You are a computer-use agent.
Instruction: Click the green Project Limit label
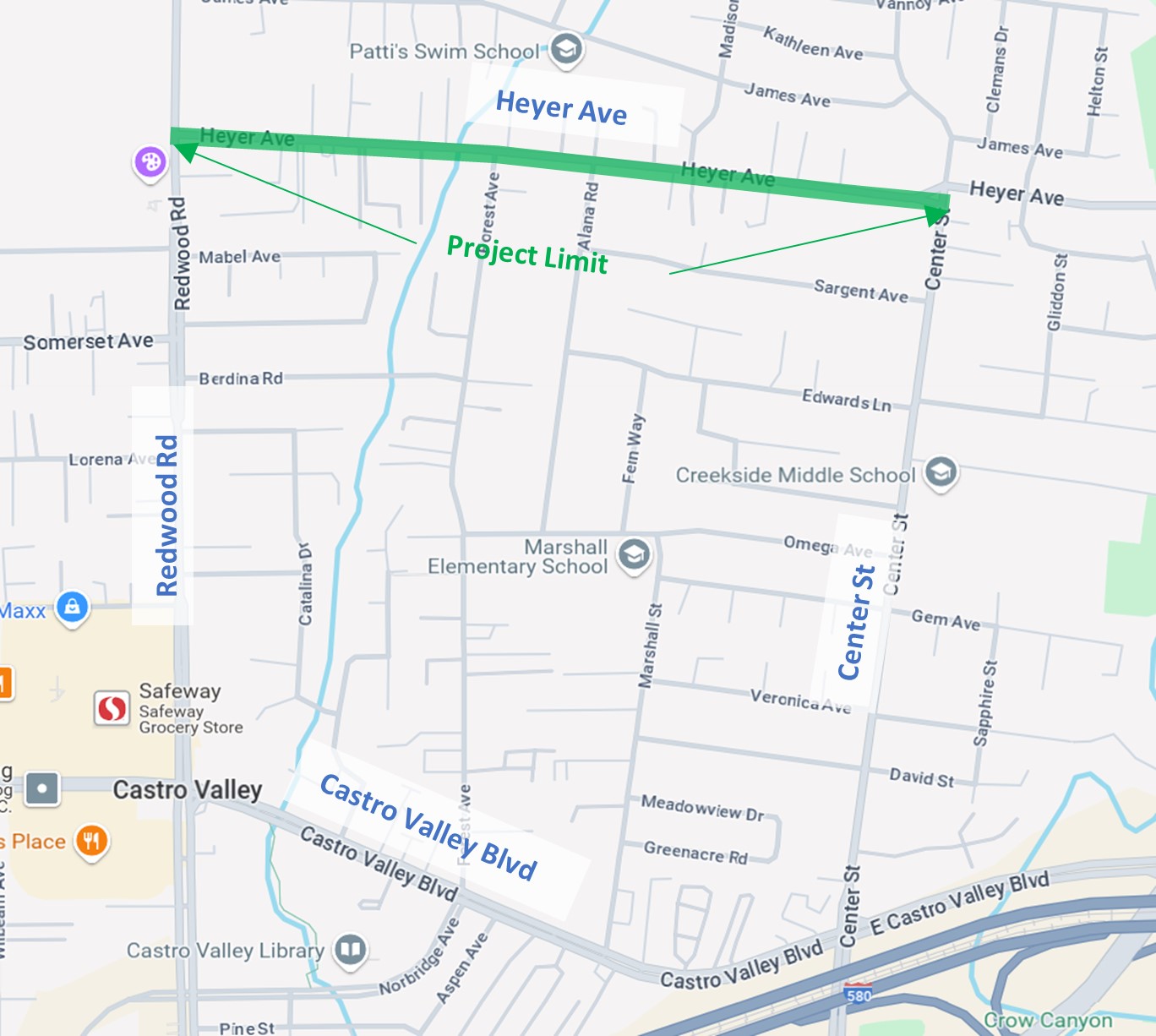pos(526,254)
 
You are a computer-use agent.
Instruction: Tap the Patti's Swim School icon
pos(566,49)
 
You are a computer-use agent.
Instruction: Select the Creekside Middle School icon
pos(941,472)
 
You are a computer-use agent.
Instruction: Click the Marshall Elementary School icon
pos(634,555)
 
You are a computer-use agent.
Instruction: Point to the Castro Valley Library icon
pos(350,950)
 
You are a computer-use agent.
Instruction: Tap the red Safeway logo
pos(112,708)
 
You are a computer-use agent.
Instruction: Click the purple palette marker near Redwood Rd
pos(150,161)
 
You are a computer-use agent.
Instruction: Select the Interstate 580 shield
pos(859,995)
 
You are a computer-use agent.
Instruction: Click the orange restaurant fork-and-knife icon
pos(92,842)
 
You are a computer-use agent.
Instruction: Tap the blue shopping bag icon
pos(73,608)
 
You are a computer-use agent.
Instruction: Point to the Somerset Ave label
pos(88,341)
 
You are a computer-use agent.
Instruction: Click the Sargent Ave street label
pos(860,291)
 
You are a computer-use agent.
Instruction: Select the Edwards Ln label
pos(846,400)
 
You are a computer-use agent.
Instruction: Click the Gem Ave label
pos(946,620)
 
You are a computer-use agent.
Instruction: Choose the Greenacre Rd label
pos(695,852)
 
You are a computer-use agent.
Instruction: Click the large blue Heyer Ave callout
pos(561,108)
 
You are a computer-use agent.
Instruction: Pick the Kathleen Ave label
pos(813,44)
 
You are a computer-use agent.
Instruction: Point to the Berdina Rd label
pos(241,379)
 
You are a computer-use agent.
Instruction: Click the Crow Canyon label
pos(1048,1021)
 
